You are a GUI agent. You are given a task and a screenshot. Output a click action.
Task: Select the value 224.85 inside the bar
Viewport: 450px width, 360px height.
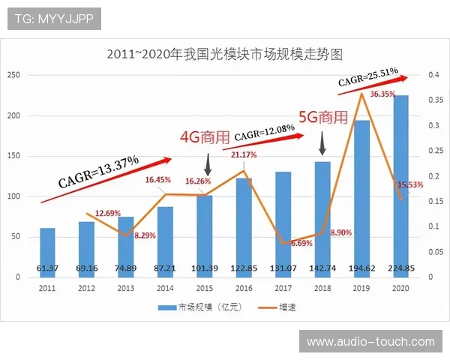pos(401,268)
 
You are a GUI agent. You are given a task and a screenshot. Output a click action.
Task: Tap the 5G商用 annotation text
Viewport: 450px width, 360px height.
pos(323,117)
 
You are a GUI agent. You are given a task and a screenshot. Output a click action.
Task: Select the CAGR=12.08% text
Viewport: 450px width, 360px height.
pos(263,133)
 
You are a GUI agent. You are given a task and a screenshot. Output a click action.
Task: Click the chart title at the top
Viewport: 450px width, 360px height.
pos(224,54)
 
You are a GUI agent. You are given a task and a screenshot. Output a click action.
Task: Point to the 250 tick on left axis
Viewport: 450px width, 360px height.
pos(13,75)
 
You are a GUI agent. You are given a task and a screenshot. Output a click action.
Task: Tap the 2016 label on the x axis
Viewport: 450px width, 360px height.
pos(244,287)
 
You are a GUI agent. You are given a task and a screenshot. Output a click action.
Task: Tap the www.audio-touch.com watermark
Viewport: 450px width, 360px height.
pos(370,342)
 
